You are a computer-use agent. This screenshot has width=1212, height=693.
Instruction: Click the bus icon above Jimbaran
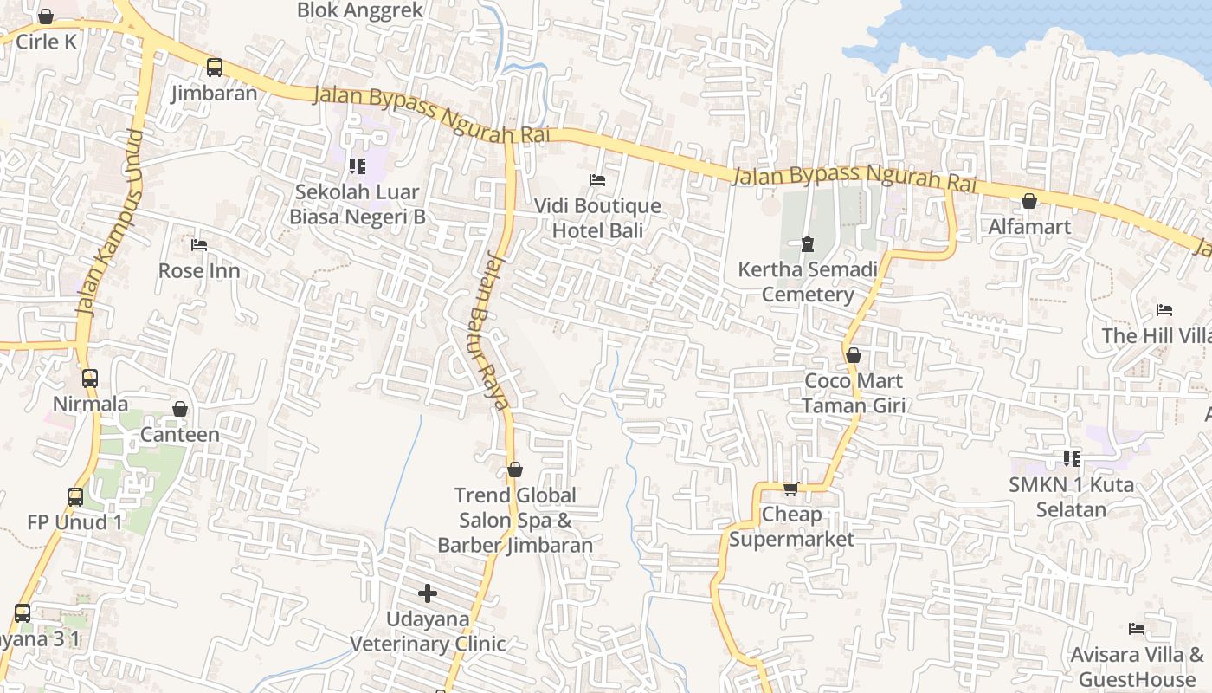coord(214,67)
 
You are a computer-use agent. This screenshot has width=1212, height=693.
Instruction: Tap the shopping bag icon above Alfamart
coord(1029,201)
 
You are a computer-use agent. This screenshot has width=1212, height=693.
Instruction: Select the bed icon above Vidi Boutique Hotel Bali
coord(597,180)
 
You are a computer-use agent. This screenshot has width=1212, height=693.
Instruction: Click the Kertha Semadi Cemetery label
coord(808,282)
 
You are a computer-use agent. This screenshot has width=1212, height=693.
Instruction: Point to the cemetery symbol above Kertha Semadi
coord(808,244)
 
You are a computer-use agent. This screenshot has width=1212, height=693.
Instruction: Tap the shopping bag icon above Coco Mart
coord(854,355)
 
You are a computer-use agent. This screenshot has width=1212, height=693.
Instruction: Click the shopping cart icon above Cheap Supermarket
coord(790,489)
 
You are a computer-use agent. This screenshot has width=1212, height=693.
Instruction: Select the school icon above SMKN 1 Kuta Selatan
coord(1072,459)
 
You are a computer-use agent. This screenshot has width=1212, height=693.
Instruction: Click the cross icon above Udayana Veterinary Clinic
coord(428,593)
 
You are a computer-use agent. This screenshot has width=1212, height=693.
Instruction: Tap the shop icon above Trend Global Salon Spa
coord(515,470)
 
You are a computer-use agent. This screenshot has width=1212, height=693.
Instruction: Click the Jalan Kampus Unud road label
coord(110,223)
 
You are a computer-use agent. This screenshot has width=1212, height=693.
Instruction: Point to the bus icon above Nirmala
coord(90,378)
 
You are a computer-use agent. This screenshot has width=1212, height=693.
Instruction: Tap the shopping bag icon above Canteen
coord(180,409)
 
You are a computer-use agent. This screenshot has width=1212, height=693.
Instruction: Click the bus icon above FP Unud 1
coord(75,496)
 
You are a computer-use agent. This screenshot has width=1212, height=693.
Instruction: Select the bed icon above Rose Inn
coord(199,245)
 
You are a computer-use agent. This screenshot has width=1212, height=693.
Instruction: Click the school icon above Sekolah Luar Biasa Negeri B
coord(357,165)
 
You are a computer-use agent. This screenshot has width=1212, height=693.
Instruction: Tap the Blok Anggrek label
coord(360,10)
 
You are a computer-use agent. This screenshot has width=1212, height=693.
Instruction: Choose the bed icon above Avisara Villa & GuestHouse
coord(1137,629)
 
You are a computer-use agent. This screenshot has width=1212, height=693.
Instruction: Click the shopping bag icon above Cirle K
coord(46,16)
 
